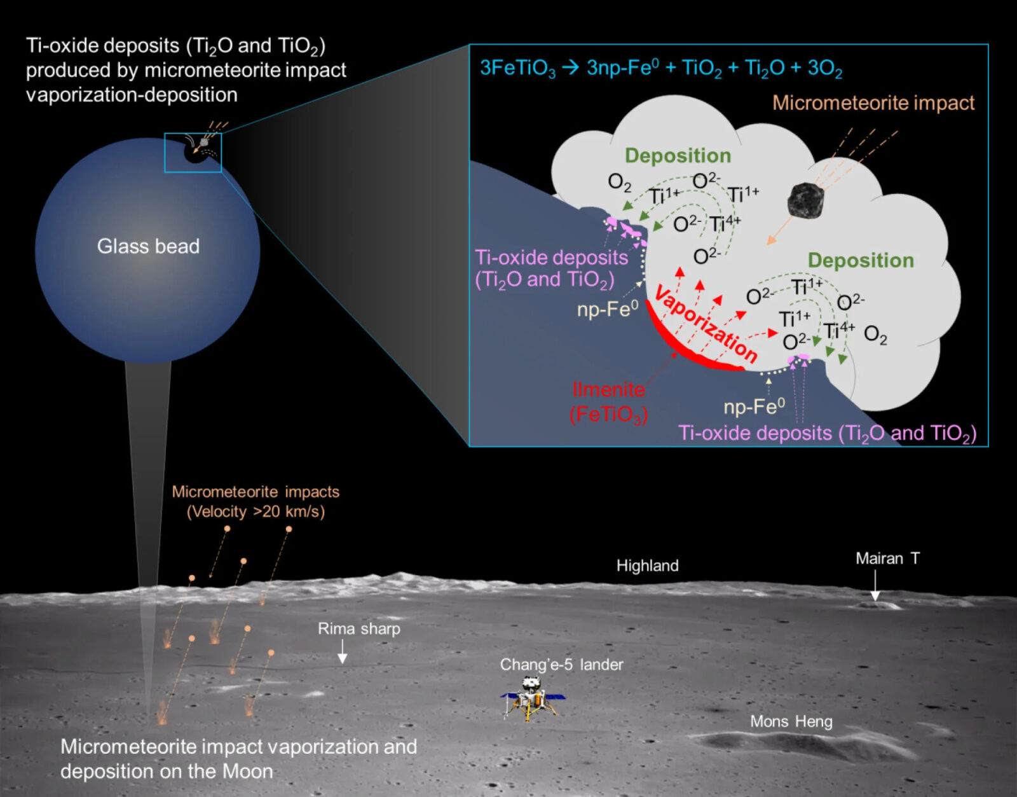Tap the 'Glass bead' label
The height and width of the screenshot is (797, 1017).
(x=148, y=246)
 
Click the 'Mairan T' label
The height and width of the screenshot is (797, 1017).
(x=887, y=558)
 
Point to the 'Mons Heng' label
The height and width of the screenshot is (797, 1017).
(x=791, y=721)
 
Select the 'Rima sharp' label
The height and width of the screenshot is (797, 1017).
(x=359, y=629)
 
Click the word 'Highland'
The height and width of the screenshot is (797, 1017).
(x=647, y=565)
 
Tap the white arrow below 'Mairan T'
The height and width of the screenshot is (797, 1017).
(x=875, y=586)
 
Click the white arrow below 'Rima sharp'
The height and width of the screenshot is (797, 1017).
(x=342, y=652)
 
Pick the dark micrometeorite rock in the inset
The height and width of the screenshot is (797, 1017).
(x=805, y=200)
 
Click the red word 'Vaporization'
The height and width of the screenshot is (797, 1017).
(x=706, y=324)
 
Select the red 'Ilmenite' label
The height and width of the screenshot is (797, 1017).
(x=608, y=389)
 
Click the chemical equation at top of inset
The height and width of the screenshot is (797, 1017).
(x=661, y=67)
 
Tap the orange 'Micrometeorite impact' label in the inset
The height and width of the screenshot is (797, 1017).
(x=873, y=103)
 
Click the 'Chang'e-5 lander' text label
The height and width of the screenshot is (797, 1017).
(x=561, y=665)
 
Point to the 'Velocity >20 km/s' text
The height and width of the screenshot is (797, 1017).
(x=256, y=511)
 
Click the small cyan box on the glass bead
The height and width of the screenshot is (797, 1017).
(x=193, y=153)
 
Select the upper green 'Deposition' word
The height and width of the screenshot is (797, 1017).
(x=678, y=155)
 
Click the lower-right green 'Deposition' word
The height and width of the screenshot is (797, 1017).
(x=861, y=260)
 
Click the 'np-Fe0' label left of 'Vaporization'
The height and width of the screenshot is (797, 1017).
(x=607, y=309)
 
